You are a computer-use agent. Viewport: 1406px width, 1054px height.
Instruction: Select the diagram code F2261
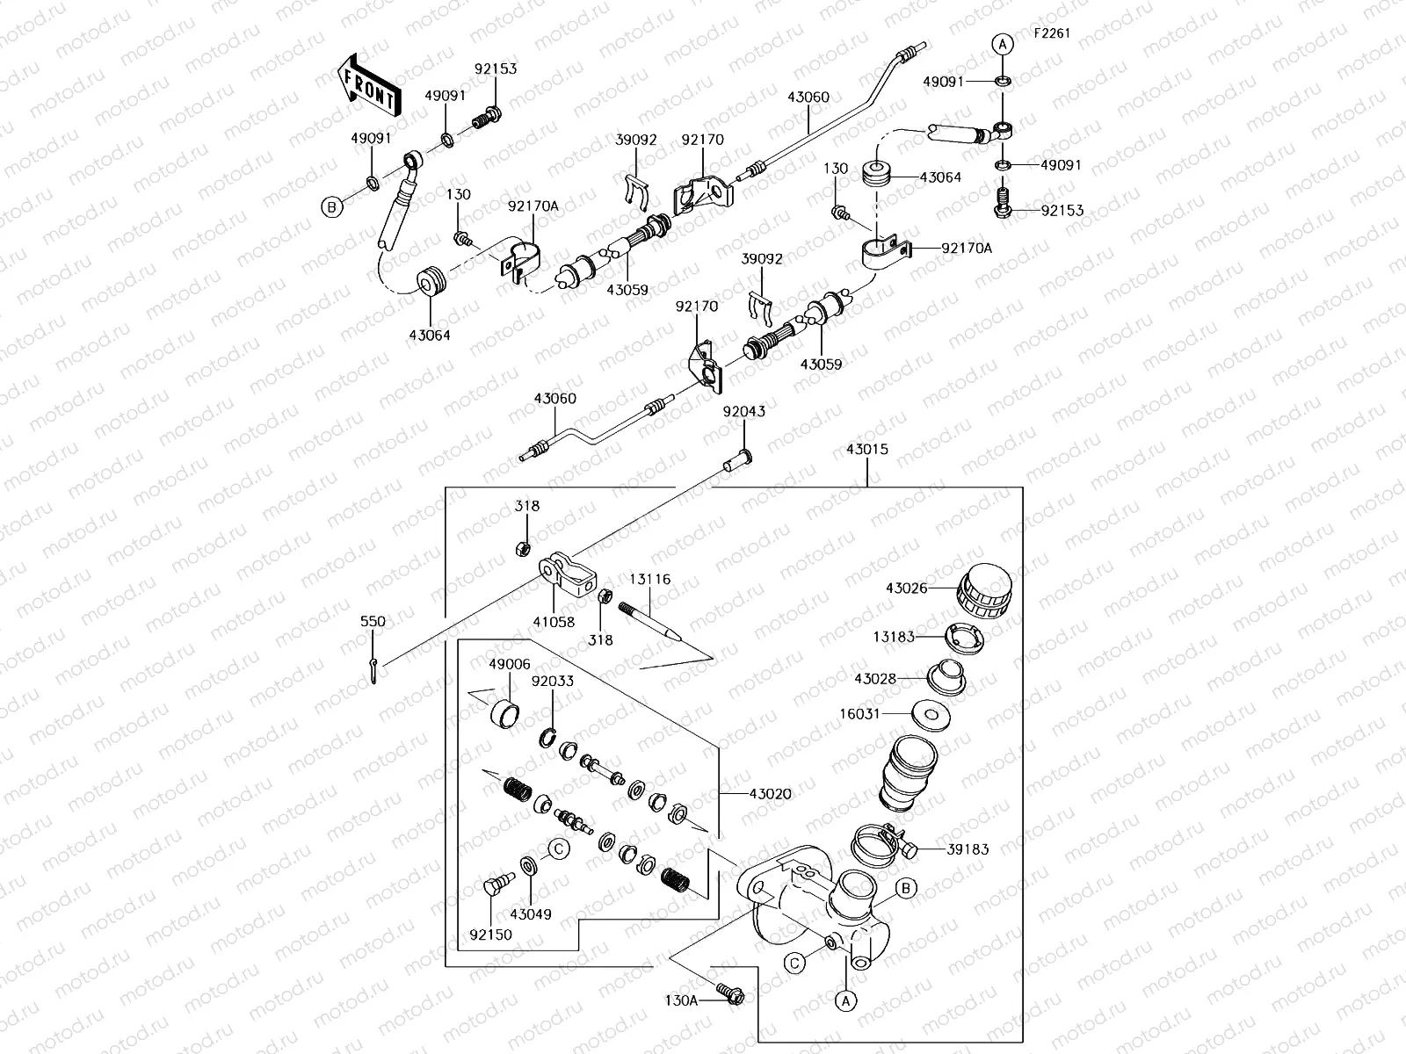1052,34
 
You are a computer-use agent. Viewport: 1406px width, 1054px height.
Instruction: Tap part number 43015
867,450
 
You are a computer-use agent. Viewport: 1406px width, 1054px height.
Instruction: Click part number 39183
968,849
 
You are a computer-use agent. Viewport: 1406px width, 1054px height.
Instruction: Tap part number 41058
554,622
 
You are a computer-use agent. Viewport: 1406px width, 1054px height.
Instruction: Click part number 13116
650,580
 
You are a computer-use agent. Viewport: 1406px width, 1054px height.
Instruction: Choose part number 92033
552,680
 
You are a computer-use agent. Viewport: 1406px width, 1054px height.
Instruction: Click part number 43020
770,794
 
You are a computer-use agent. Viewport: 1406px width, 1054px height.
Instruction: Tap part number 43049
531,914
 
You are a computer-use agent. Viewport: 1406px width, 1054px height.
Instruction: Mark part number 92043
744,411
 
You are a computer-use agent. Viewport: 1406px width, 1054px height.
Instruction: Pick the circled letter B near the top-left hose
331,207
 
